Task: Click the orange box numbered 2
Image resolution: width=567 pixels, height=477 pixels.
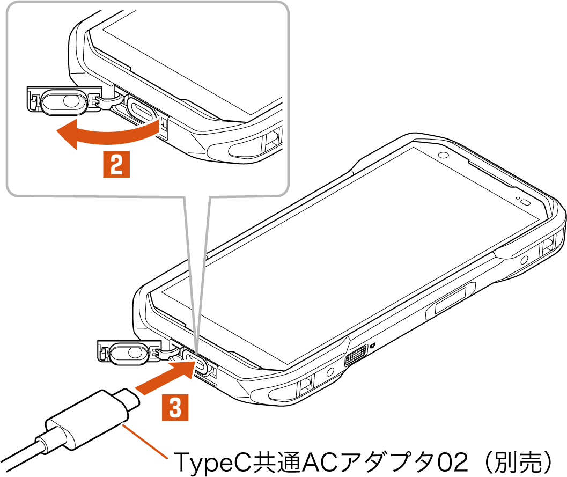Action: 116,164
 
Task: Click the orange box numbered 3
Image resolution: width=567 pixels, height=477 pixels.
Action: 175,407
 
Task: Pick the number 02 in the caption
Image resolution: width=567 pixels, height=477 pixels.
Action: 452,461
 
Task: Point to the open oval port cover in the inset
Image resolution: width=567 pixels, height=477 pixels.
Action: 64,101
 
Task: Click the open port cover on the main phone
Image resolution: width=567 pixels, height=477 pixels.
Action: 129,352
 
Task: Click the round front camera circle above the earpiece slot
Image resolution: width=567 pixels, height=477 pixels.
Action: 443,156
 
